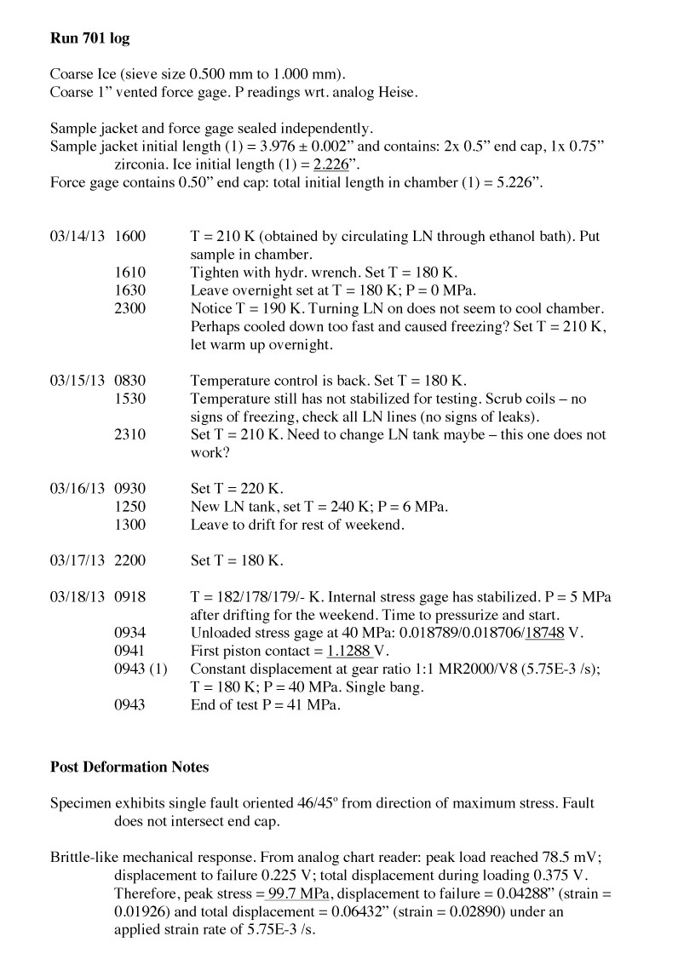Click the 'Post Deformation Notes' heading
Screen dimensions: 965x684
[x=129, y=767]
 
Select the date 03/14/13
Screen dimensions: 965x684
[x=77, y=235]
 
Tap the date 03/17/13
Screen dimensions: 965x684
[x=77, y=560]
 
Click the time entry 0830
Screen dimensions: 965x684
[x=129, y=380]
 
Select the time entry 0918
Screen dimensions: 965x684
[x=129, y=597]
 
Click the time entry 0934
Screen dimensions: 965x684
[x=129, y=634]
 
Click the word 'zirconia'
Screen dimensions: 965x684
[x=143, y=164]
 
